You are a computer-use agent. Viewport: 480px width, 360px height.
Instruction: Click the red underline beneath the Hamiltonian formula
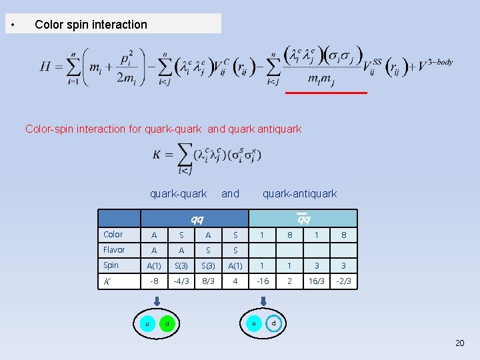click(326, 93)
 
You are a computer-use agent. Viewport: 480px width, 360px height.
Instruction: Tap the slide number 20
click(459, 343)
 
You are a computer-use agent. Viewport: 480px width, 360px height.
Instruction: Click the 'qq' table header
click(197, 219)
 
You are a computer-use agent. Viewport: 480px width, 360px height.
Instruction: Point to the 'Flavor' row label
click(114, 250)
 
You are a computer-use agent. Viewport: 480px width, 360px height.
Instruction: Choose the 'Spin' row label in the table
click(111, 265)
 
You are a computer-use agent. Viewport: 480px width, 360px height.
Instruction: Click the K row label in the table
click(107, 281)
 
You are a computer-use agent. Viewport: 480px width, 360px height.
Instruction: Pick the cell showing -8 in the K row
click(154, 281)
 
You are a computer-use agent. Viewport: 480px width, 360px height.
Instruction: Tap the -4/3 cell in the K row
click(181, 281)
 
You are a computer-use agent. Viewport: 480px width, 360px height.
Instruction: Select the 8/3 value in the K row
click(208, 281)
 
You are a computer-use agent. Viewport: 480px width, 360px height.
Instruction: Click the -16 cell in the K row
click(263, 281)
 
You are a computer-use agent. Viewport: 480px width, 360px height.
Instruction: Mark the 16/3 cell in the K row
click(317, 281)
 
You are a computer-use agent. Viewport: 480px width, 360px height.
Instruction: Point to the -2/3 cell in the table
click(344, 281)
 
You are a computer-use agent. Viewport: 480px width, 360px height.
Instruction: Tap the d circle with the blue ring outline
click(273, 324)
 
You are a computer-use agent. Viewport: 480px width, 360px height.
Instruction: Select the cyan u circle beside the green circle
click(147, 323)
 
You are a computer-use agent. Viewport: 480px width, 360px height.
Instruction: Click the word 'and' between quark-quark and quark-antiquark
click(230, 194)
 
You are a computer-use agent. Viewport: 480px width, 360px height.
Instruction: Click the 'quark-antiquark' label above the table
click(299, 194)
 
